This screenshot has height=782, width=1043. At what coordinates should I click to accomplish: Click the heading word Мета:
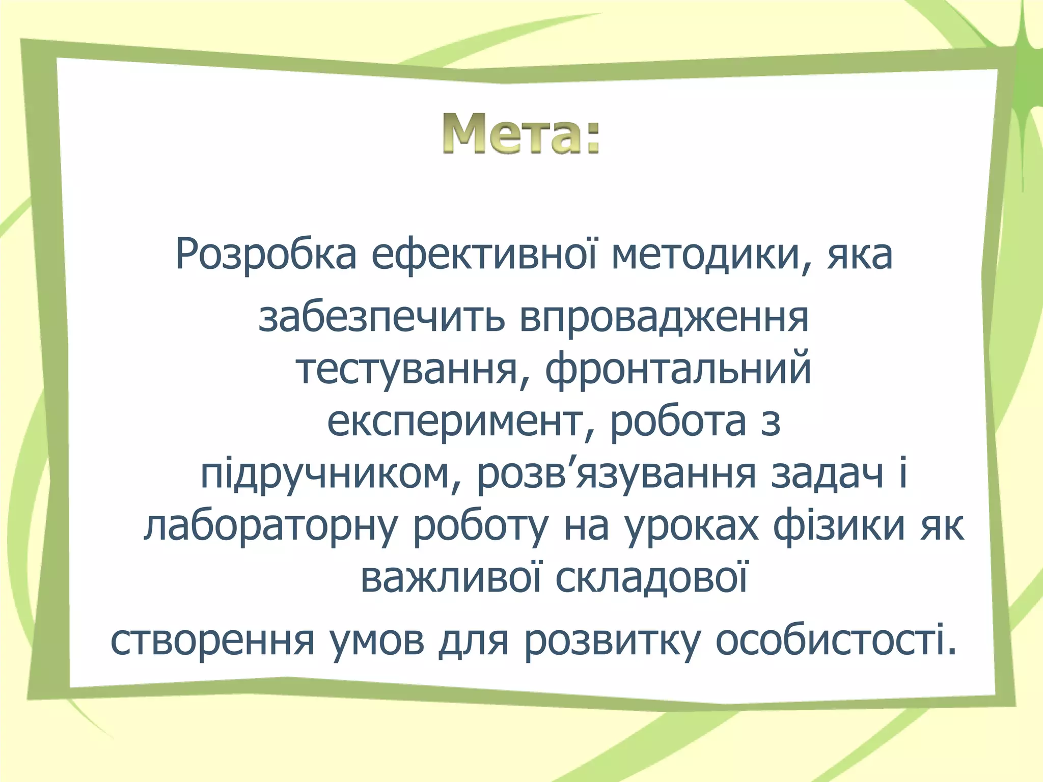[521, 134]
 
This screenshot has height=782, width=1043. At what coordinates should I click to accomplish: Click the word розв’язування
[616, 474]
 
